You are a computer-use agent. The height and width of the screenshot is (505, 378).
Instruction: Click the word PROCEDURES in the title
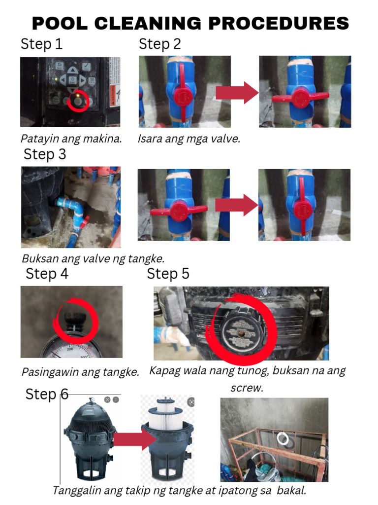(279, 23)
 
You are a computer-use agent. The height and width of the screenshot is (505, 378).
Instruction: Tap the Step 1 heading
(41, 44)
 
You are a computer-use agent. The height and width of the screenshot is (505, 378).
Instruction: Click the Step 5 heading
(168, 274)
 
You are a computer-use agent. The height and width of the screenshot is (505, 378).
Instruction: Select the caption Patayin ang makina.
(71, 139)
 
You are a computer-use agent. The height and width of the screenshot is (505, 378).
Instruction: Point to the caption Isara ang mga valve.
(189, 139)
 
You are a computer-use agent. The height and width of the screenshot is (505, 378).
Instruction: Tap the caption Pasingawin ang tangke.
(80, 372)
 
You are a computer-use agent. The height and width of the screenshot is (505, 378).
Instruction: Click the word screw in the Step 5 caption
(247, 388)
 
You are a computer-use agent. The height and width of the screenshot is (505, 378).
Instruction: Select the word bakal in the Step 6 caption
(291, 491)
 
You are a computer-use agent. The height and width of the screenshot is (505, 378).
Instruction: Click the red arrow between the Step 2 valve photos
(237, 93)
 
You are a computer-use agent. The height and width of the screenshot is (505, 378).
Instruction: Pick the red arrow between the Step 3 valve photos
(237, 205)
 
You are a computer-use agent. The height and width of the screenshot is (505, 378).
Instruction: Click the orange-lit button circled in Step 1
(78, 101)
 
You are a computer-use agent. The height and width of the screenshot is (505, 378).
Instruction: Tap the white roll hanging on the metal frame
(283, 439)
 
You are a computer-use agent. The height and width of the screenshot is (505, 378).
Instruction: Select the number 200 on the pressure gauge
(70, 349)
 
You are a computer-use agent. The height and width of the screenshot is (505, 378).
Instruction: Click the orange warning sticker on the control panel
(113, 97)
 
